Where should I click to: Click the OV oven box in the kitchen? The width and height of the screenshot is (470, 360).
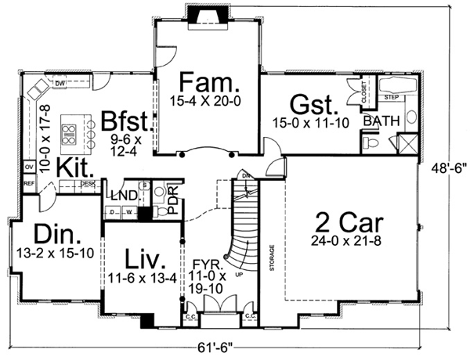[28, 167]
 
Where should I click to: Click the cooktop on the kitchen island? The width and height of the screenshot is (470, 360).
[68, 133]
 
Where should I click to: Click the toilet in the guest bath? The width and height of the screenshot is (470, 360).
[372, 143]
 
